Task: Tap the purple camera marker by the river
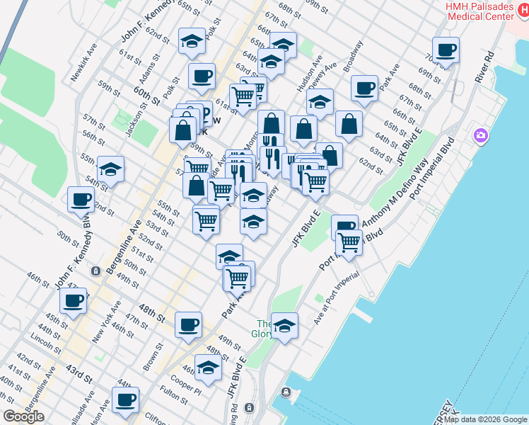[481, 135]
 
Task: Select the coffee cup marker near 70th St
[446, 51]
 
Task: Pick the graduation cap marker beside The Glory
[284, 327]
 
